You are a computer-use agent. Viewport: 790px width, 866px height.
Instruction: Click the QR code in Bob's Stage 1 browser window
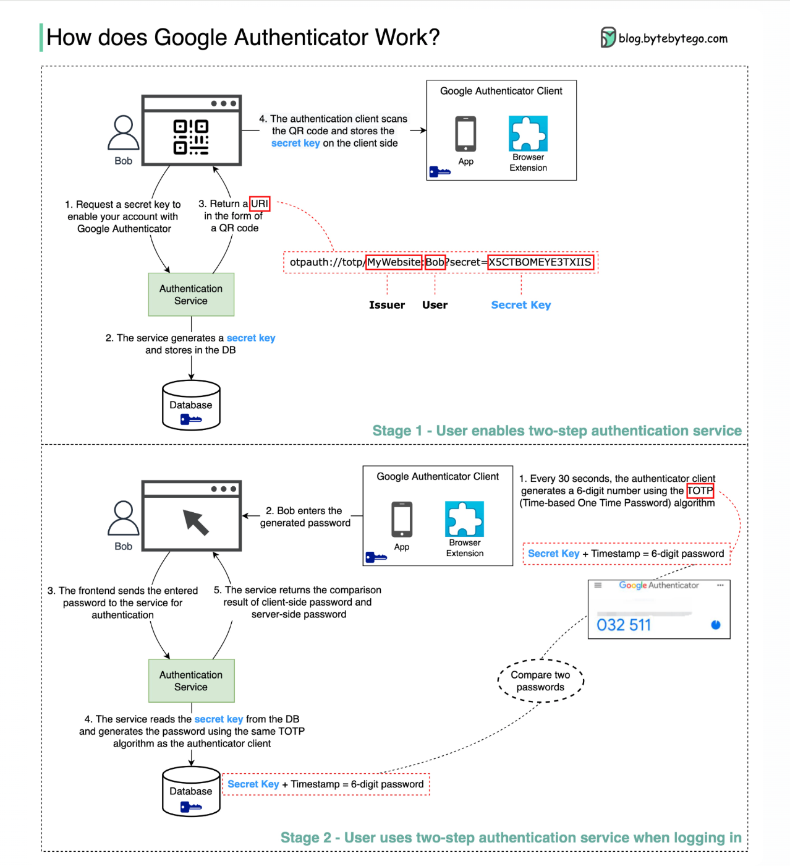(191, 137)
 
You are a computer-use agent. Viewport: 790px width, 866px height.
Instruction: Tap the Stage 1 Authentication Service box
(191, 294)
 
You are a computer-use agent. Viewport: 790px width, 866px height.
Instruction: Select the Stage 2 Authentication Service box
(191, 680)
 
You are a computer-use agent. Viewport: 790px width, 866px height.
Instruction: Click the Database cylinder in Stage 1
(191, 405)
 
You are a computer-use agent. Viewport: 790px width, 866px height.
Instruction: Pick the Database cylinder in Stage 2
(191, 791)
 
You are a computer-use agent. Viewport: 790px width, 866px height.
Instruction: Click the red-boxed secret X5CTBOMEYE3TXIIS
(540, 262)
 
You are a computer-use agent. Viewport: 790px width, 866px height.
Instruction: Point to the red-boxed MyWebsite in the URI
(394, 262)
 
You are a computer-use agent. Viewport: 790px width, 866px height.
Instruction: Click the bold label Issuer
(387, 305)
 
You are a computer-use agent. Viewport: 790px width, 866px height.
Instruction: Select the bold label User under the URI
(435, 305)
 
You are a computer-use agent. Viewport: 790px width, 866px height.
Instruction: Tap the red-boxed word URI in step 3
(260, 204)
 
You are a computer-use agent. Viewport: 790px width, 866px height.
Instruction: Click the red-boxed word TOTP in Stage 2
(700, 491)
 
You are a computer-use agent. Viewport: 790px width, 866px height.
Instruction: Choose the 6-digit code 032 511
(624, 625)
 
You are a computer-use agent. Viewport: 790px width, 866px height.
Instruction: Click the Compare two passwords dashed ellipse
(540, 680)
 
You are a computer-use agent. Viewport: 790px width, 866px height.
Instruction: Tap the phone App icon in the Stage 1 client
(465, 134)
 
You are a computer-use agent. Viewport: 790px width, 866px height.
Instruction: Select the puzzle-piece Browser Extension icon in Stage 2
(464, 519)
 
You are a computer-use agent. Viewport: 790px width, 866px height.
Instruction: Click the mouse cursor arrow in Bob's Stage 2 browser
(196, 522)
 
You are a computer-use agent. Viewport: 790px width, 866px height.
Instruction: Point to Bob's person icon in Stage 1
(124, 133)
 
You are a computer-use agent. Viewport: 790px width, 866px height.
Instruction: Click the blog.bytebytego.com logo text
(673, 38)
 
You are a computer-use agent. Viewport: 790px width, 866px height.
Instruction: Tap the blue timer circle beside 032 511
(716, 625)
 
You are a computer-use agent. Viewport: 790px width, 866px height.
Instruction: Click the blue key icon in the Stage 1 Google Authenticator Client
(440, 171)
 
